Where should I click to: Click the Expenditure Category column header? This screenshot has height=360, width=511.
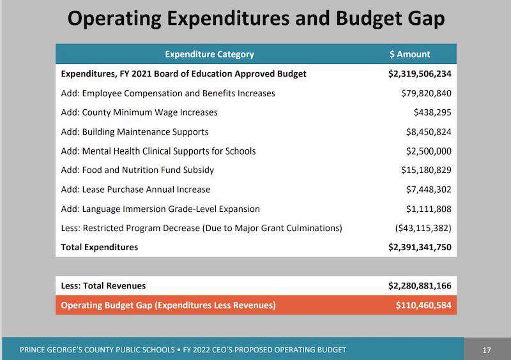click(210, 54)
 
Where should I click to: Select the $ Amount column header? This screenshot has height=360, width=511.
click(409, 54)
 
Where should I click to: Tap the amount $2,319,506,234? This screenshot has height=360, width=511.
click(420, 74)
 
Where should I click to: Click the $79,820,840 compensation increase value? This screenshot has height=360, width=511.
click(426, 93)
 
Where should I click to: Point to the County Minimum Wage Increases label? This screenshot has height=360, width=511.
click(139, 112)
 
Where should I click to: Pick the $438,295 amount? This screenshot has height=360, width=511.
click(432, 112)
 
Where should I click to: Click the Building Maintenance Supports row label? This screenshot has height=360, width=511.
click(135, 131)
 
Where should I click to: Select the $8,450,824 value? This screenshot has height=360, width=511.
click(429, 131)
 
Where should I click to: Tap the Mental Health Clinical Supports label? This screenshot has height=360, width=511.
click(158, 151)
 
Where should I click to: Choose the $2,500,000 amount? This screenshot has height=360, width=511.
click(429, 151)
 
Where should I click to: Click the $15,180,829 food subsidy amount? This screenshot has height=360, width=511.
click(426, 170)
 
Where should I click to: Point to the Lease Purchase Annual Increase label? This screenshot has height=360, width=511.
click(135, 190)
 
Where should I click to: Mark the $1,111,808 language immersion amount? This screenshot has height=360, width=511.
click(429, 209)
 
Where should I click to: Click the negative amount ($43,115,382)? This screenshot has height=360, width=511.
click(423, 228)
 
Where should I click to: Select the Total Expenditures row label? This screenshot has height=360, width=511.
click(100, 247)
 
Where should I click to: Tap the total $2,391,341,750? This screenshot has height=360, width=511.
click(420, 247)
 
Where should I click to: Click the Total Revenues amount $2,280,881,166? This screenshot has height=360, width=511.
click(420, 286)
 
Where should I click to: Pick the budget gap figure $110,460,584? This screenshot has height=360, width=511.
click(423, 305)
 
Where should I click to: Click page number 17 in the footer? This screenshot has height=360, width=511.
click(487, 350)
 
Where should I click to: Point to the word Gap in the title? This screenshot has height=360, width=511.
click(426, 19)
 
